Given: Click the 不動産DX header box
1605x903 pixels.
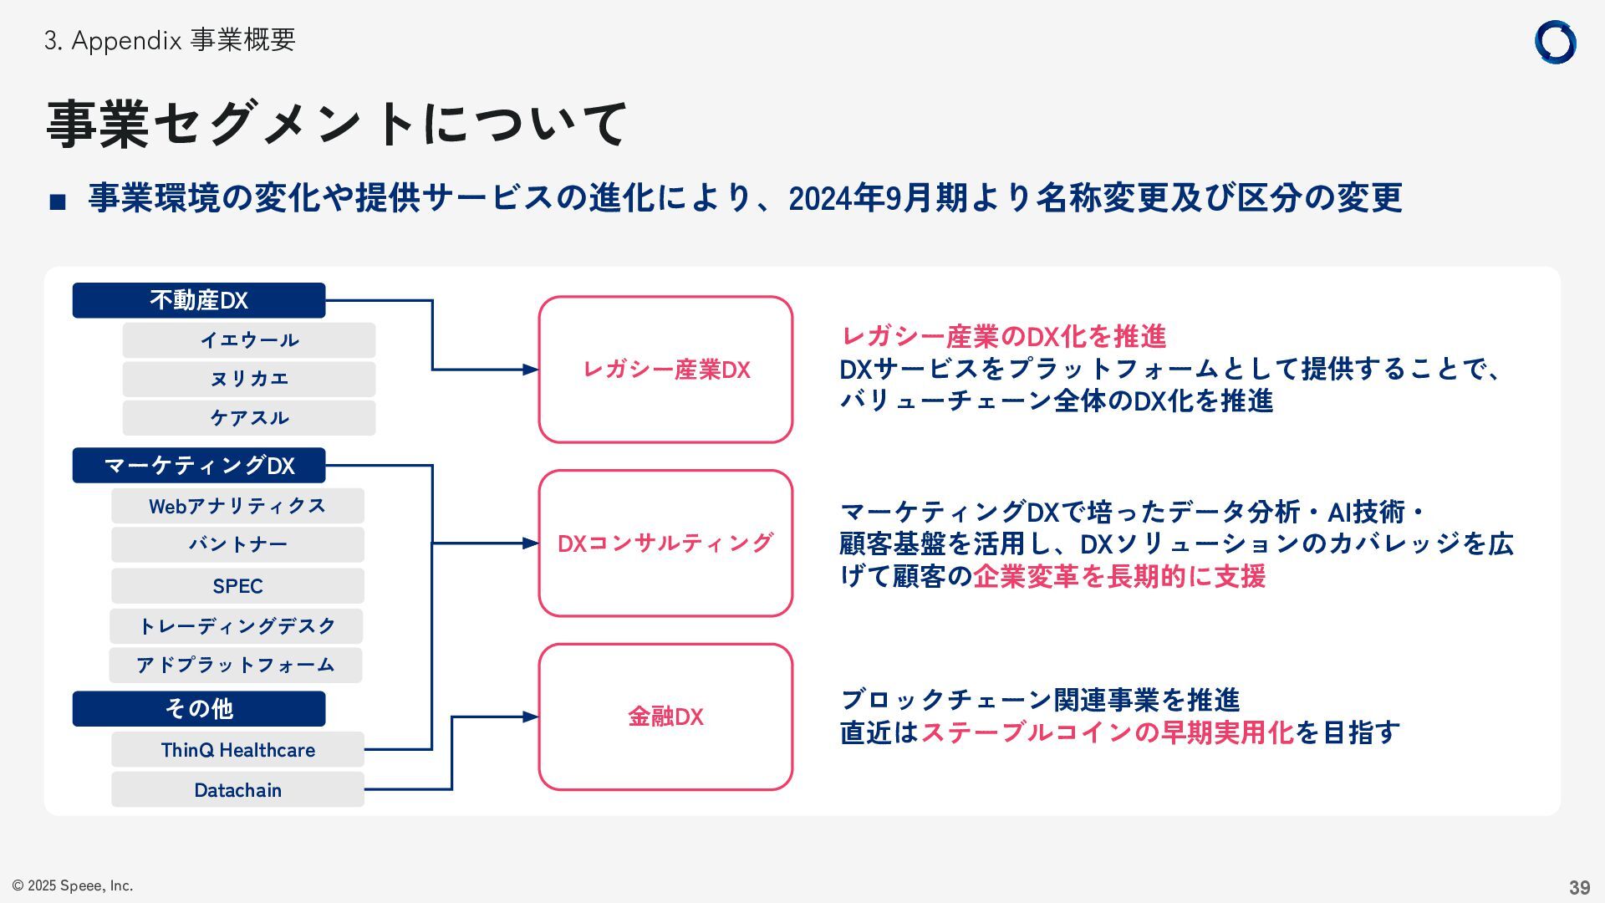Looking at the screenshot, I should point(199,300).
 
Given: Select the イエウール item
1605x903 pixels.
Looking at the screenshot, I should point(249,340).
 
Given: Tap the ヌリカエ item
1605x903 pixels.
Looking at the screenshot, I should point(249,379).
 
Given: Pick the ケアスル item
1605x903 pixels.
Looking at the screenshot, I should point(249,418).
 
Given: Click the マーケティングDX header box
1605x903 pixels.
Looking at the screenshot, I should point(199,466).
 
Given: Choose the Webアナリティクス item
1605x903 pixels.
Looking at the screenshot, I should point(237,506).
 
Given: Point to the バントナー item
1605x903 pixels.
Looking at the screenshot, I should point(237,545).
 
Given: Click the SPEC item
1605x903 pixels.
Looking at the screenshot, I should point(237,586).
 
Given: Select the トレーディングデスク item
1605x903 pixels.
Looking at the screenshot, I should point(237,626).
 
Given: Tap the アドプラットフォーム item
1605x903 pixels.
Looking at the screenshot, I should point(236,666).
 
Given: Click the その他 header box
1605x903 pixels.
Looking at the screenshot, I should point(199,709).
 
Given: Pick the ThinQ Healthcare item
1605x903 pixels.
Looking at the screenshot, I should point(237,750).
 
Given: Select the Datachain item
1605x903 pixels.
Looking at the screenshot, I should point(237,790).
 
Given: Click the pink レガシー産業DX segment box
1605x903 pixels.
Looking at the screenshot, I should point(665,370).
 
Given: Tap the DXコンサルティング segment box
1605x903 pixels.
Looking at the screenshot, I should point(665,543).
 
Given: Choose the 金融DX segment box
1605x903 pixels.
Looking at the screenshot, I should point(665,717).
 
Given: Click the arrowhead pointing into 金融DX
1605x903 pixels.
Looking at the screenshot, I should point(531,717).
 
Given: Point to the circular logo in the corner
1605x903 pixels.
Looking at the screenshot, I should point(1555,43).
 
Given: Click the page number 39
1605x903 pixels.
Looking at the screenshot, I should point(1579,887).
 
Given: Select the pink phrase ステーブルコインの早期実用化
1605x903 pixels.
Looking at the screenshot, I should point(1107,732).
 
